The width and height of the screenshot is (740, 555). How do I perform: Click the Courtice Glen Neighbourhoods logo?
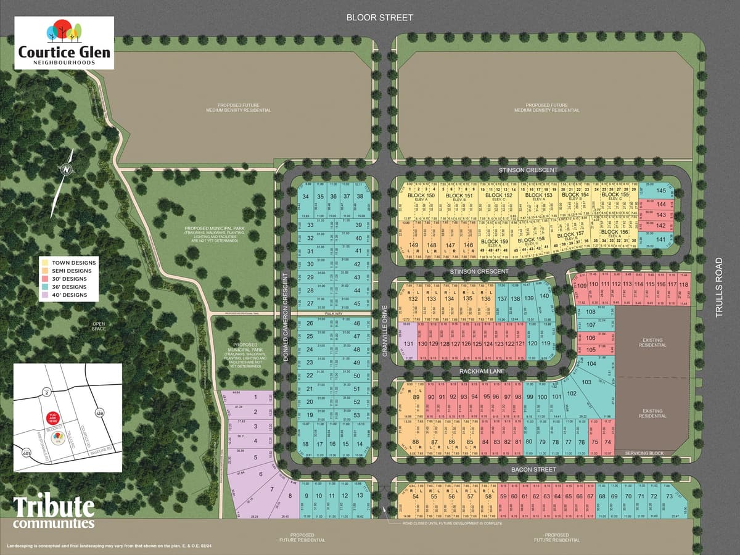click(64, 43)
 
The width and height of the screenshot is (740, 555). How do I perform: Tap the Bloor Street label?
click(379, 17)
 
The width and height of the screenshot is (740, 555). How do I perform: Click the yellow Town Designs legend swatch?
click(44, 263)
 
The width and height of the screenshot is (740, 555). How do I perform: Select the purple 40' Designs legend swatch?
click(44, 295)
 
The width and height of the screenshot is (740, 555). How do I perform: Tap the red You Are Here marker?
click(52, 417)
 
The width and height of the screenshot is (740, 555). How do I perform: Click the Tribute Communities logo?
click(54, 512)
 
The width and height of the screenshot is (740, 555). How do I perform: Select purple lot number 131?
click(408, 343)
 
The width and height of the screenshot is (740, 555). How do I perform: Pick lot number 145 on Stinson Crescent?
click(661, 191)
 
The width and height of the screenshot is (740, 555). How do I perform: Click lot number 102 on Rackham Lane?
click(572, 393)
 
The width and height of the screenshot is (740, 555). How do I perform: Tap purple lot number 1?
click(255, 398)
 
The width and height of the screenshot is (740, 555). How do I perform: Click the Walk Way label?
click(333, 314)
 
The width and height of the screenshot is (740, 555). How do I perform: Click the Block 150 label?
click(421, 195)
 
